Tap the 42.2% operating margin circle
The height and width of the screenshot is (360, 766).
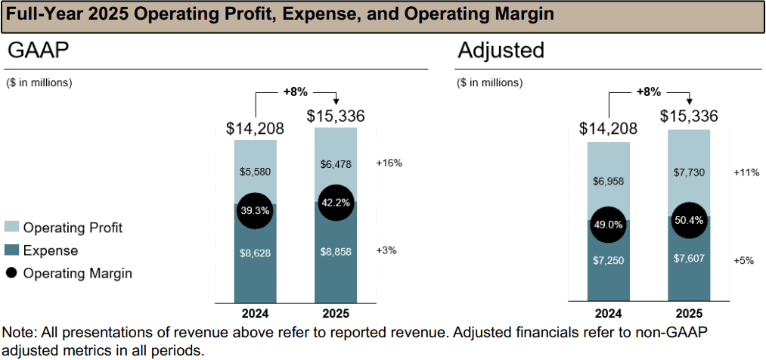pyautogui.click(x=336, y=203)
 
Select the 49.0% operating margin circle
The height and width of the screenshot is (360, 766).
pyautogui.click(x=608, y=225)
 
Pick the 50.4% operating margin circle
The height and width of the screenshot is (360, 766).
pyautogui.click(x=689, y=221)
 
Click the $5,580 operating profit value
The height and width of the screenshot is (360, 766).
pyautogui.click(x=255, y=172)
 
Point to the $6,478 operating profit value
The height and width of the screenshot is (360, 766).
pyautogui.click(x=336, y=163)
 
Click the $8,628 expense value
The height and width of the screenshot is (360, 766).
pyautogui.click(x=255, y=253)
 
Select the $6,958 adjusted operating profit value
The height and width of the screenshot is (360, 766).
pyautogui.click(x=608, y=182)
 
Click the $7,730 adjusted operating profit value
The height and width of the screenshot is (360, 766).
pyautogui.click(x=689, y=172)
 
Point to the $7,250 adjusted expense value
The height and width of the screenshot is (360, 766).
pyautogui.click(x=608, y=262)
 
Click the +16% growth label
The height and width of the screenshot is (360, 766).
pyautogui.click(x=389, y=163)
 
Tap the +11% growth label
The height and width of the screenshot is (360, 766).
pyautogui.click(x=746, y=172)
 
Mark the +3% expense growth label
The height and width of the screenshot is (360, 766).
pyautogui.click(x=386, y=250)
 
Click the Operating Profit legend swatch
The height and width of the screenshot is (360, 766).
pyautogui.click(x=12, y=227)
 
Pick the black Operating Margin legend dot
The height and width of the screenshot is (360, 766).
pyautogui.click(x=12, y=273)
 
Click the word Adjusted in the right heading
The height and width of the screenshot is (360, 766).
pyautogui.click(x=501, y=51)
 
